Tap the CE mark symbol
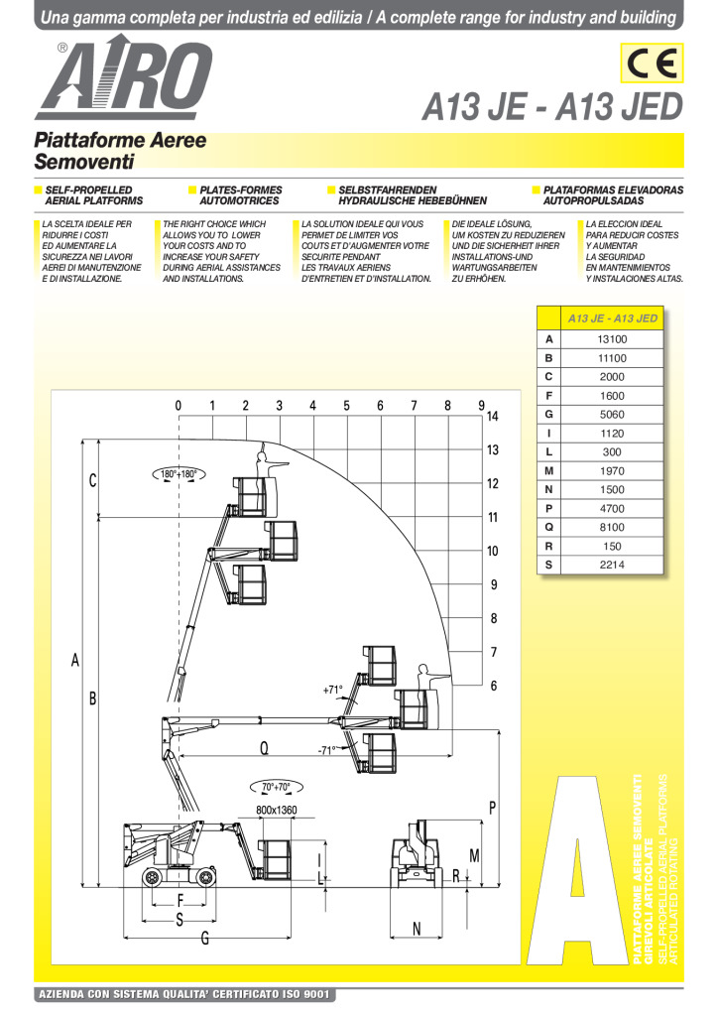click(x=651, y=65)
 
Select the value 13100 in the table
click(x=612, y=339)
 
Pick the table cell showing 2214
click(x=612, y=566)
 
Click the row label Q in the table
click(x=548, y=528)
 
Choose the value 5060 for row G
click(x=612, y=415)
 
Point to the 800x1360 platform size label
click(x=276, y=811)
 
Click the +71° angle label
click(x=332, y=689)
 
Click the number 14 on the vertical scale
click(x=493, y=416)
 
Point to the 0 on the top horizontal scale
click(x=179, y=405)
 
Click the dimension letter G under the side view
click(x=204, y=939)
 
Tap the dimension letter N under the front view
click(x=417, y=929)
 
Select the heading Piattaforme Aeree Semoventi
click(x=120, y=150)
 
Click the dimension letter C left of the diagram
click(x=92, y=481)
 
